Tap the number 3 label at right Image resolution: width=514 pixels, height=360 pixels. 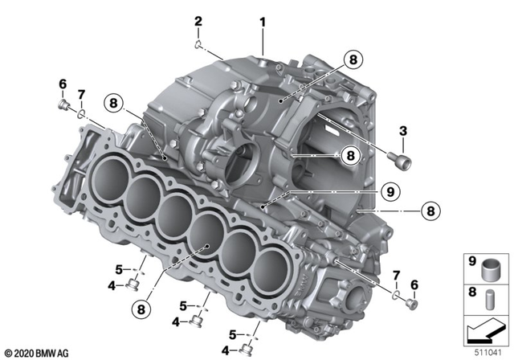pos(402,132)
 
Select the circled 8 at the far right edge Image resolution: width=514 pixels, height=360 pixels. pos(430,211)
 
